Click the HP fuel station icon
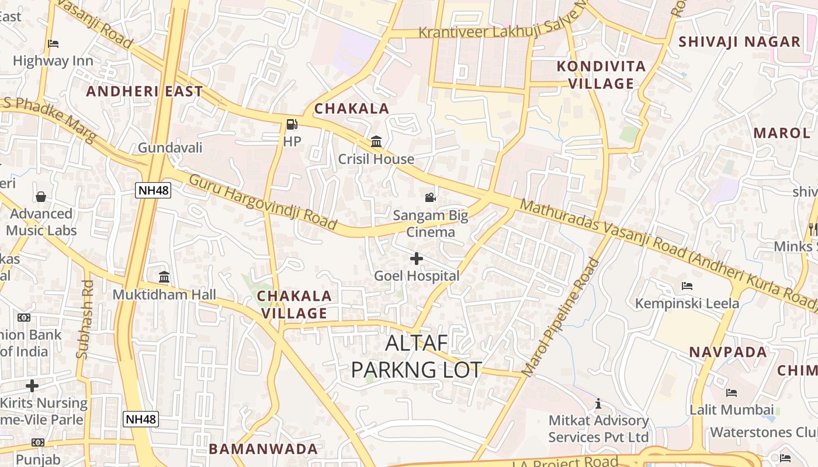tap(292, 124)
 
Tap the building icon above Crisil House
tap(376, 142)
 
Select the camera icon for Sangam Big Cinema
tap(430, 197)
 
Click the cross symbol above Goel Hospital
tap(417, 258)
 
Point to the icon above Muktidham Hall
tap(164, 277)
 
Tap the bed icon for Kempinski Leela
tap(687, 286)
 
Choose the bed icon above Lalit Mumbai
tap(732, 392)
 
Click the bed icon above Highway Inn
tap(53, 43)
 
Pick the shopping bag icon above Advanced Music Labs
tap(41, 196)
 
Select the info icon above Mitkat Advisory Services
tap(598, 403)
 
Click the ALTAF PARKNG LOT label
tap(417, 356)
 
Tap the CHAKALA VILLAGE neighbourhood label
tap(294, 304)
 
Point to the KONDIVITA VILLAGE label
tap(601, 75)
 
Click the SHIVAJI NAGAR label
tap(739, 41)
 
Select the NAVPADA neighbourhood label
tap(728, 352)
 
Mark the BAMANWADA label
tap(264, 449)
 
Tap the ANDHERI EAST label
tap(144, 91)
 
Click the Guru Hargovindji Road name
tap(262, 201)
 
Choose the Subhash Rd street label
tap(85, 319)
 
